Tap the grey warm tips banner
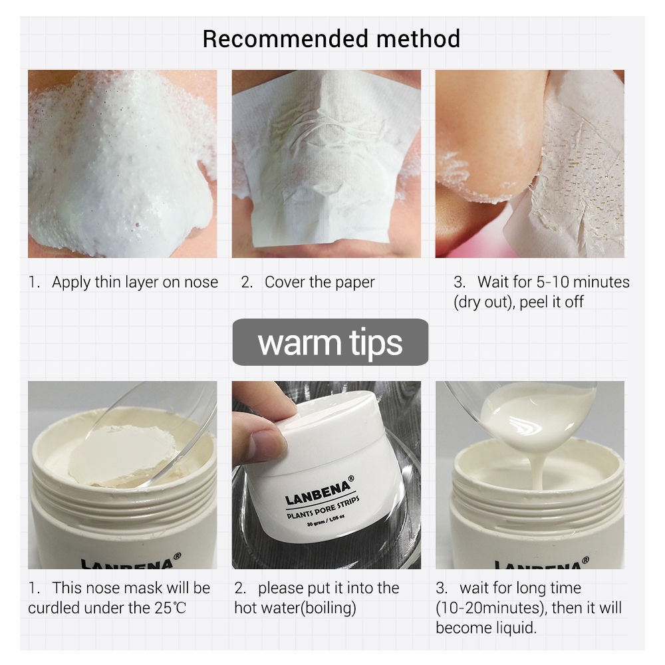coord(330,342)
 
